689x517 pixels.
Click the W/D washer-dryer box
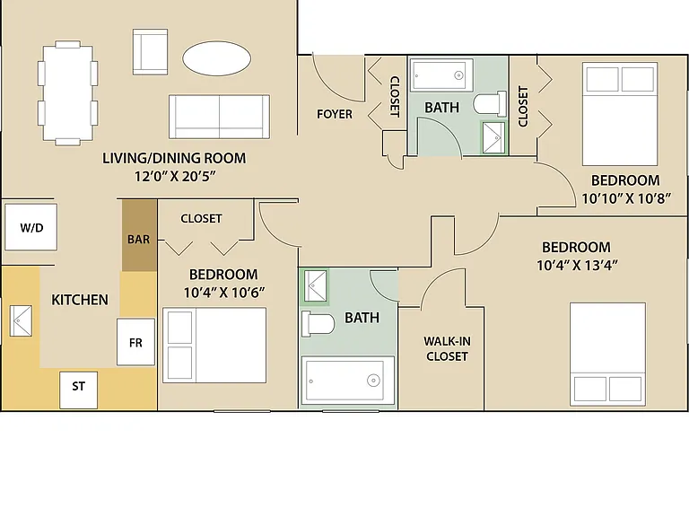click(31, 227)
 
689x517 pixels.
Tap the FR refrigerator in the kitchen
click(135, 342)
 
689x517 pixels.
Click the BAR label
click(139, 239)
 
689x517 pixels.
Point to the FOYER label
click(335, 114)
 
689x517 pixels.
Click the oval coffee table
click(216, 58)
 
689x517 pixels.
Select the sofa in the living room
click(219, 117)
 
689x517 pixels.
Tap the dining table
click(67, 92)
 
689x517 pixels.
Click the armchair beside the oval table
click(151, 52)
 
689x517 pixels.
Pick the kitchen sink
click(22, 321)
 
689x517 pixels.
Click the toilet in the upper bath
click(490, 104)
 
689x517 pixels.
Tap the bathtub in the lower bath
click(348, 381)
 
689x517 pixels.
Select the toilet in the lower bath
click(318, 324)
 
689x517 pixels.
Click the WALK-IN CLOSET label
click(447, 348)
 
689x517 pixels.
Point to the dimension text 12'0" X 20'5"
click(175, 177)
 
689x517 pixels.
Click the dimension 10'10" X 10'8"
click(626, 198)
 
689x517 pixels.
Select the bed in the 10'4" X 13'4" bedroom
click(607, 354)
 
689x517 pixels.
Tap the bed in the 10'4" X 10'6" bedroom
click(214, 345)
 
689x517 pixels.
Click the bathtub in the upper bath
click(441, 74)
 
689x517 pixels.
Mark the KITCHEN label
click(80, 300)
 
